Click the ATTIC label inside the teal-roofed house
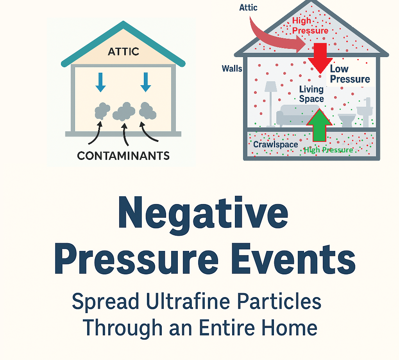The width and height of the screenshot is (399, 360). (x=123, y=51)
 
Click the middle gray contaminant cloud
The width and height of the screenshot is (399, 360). (x=124, y=112)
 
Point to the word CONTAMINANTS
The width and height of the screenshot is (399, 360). (x=123, y=156)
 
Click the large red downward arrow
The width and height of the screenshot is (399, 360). (x=320, y=57)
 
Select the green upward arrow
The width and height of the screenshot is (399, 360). (x=319, y=124)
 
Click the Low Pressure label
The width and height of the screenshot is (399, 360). (x=349, y=74)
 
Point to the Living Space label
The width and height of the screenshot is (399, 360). (x=311, y=94)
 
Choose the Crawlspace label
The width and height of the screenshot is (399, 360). (x=276, y=144)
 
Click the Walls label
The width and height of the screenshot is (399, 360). (x=232, y=69)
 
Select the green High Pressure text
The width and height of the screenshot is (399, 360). (x=328, y=150)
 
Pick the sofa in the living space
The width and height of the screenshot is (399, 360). (x=293, y=115)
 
